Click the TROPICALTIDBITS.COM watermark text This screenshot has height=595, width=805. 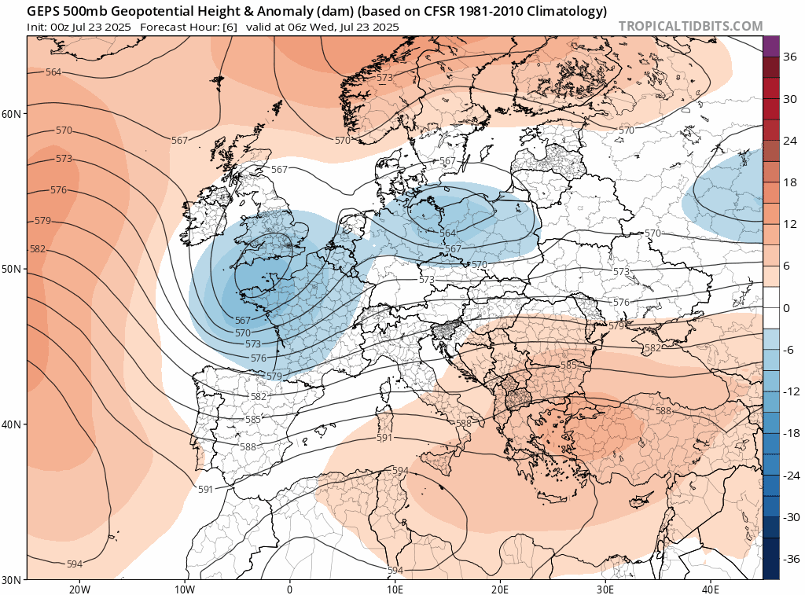690,26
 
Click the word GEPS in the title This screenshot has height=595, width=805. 44,11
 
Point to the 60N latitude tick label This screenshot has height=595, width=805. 12,114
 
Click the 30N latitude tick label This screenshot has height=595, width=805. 12,579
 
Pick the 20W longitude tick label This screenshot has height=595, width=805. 79,589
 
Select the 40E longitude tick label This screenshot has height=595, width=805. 710,589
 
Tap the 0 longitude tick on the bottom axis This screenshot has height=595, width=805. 289,589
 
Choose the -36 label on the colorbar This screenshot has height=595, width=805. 790,559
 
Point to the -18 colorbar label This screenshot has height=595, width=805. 790,433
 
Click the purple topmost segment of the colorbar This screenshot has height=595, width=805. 770,46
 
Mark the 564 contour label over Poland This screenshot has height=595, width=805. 448,233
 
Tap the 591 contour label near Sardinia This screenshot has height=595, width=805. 384,438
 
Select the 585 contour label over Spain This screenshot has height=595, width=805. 253,420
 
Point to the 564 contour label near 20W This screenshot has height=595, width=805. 53,72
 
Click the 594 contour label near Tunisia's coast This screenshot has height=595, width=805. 399,470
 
